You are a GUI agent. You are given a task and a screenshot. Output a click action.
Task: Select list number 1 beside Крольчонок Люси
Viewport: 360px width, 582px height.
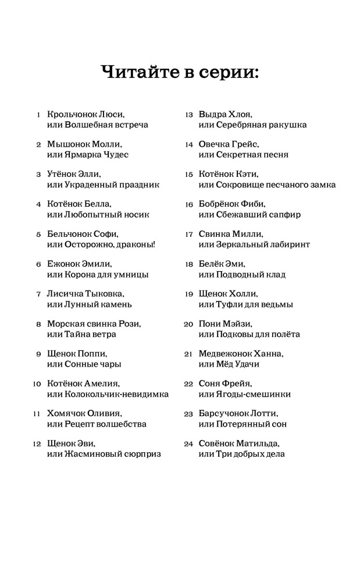38,115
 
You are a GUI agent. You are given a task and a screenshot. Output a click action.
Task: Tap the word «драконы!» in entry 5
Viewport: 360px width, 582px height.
136,244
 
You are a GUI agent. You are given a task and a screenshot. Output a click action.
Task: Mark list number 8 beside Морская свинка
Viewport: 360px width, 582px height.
38,324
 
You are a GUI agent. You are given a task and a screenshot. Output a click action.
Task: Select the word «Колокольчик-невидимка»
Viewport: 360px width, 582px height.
116,394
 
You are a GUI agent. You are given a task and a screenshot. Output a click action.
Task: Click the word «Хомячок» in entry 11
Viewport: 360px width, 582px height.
66,414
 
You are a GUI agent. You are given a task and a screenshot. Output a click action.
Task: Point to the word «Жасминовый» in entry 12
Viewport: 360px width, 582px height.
94,454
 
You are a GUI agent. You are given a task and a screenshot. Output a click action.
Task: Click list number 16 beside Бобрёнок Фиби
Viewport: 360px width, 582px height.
188,204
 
